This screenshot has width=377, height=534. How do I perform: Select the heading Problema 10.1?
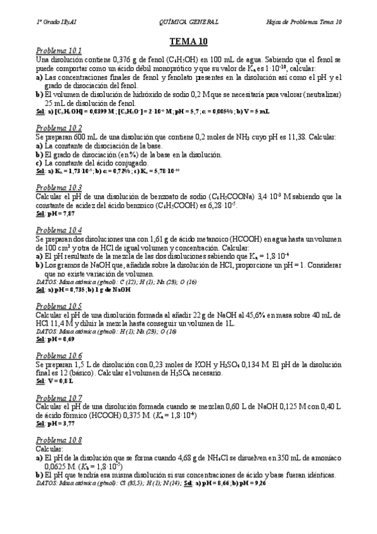click(59, 50)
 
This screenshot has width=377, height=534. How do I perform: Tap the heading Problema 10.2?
click(59, 128)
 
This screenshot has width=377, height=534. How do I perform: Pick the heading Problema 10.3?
click(59, 188)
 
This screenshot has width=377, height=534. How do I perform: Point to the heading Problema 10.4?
click(59, 230)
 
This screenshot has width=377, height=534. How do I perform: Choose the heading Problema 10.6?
click(59, 355)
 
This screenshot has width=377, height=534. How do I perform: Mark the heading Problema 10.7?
click(59, 398)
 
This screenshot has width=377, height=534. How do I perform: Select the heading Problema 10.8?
click(59, 440)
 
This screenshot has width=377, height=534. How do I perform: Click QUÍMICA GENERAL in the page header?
click(189, 22)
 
